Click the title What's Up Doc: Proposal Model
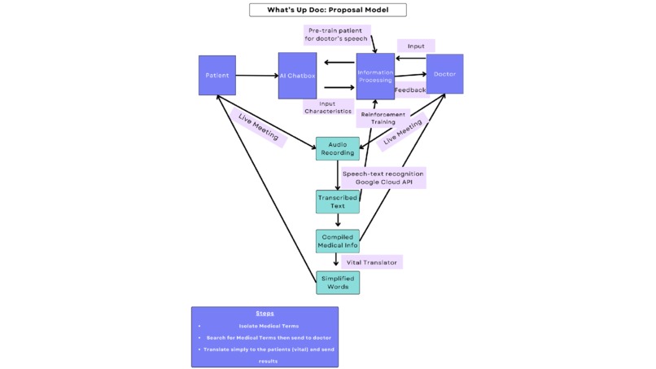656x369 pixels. click(327, 10)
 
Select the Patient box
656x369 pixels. click(217, 76)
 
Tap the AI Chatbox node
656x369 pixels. click(297, 76)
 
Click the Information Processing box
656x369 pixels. click(375, 76)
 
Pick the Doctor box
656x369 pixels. click(444, 74)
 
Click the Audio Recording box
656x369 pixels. click(337, 148)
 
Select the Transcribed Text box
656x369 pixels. click(337, 202)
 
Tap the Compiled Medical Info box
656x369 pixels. click(337, 241)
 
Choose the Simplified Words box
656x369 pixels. click(337, 283)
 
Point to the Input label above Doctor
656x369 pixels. click(416, 46)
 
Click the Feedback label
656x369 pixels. click(410, 90)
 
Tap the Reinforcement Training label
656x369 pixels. click(383, 118)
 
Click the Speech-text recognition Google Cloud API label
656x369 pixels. click(383, 178)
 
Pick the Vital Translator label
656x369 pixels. click(372, 262)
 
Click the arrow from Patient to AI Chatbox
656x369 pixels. click(256, 76)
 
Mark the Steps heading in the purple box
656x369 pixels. click(265, 314)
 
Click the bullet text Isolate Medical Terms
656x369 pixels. click(265, 326)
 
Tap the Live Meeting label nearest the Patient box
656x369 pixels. click(258, 128)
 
